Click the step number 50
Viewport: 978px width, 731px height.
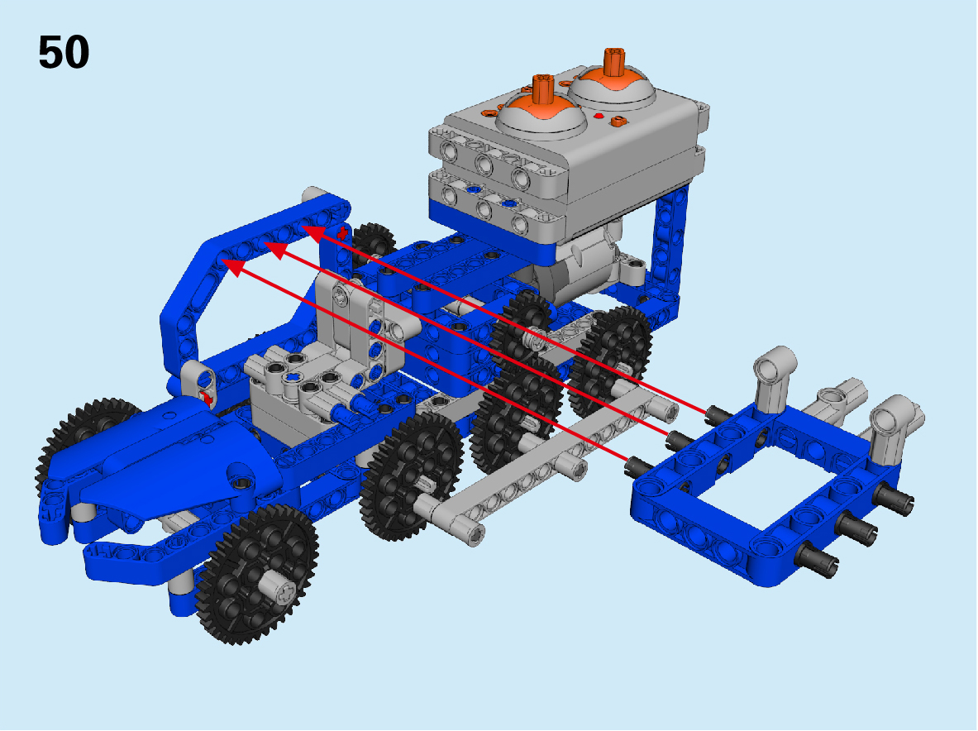[x=64, y=52]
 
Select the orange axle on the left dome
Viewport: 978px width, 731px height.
[x=543, y=90]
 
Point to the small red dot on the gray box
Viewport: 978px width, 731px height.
[x=599, y=116]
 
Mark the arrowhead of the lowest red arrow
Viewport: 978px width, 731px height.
[x=232, y=267]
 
